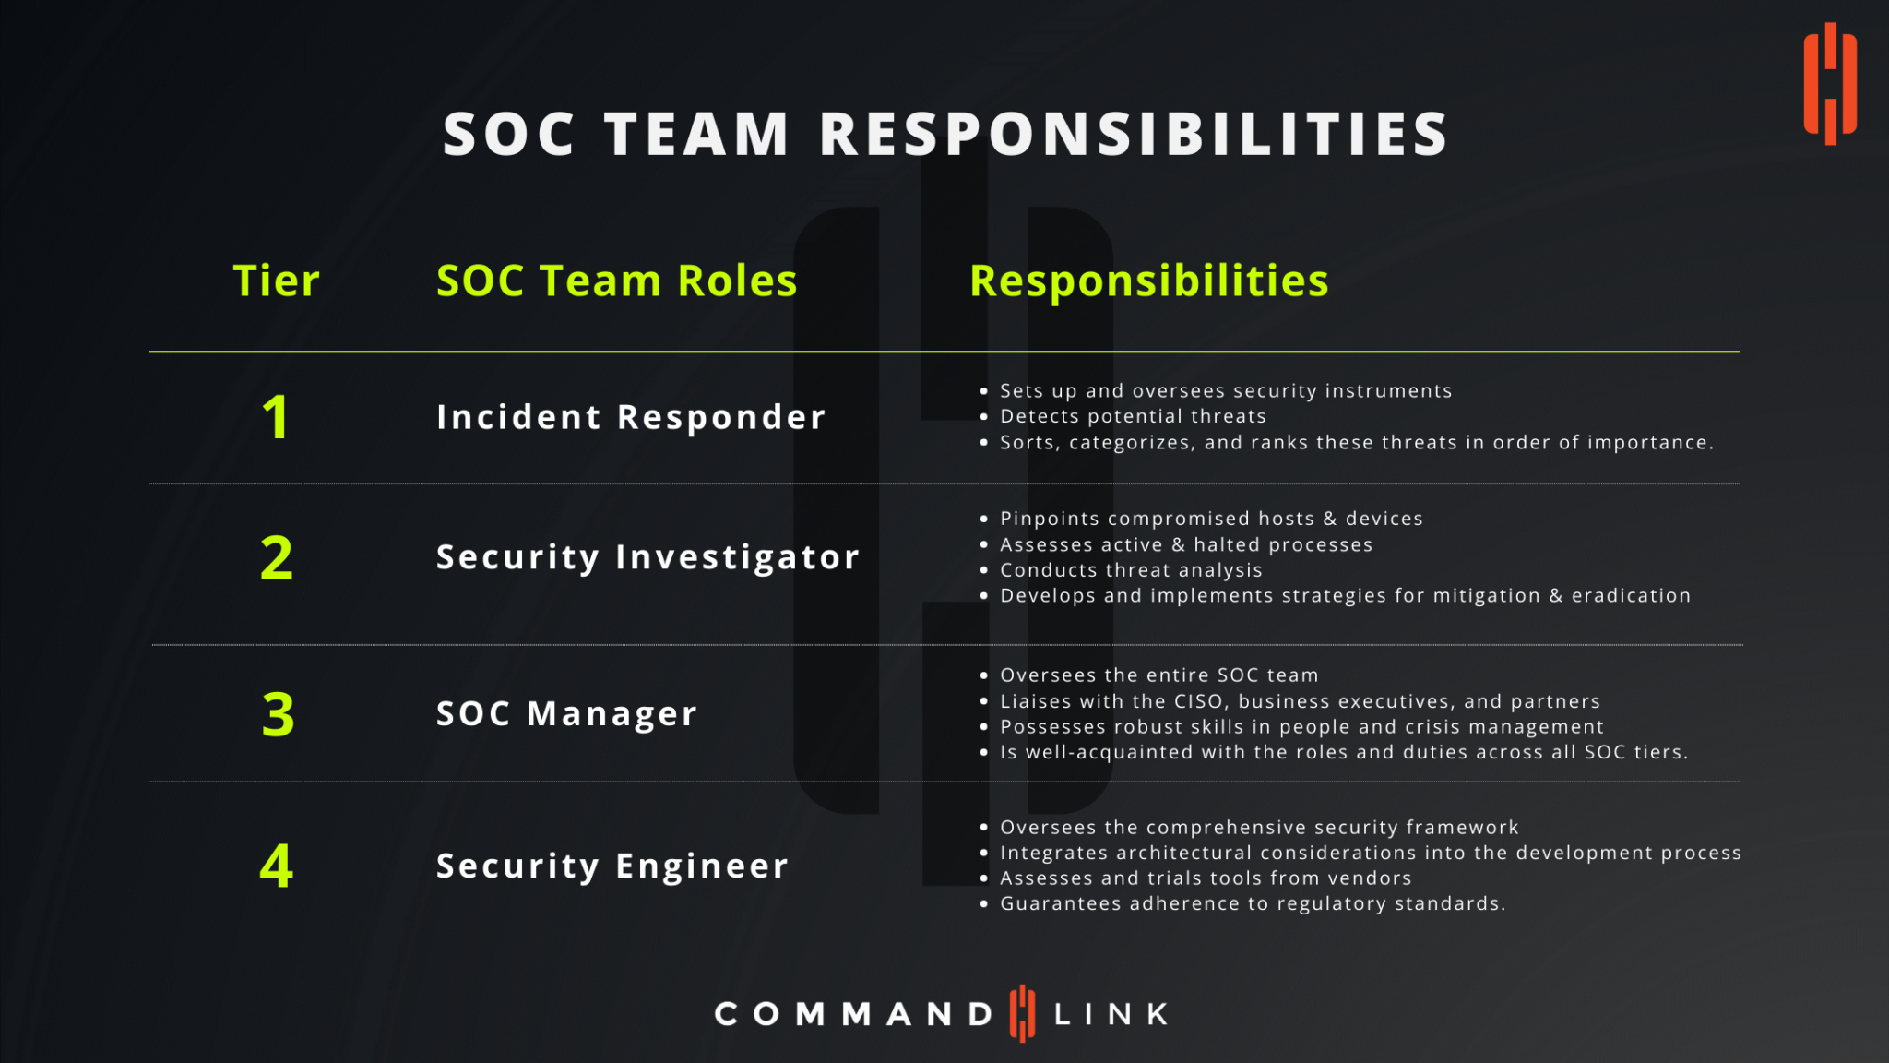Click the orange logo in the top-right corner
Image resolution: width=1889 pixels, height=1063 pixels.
[x=1830, y=83]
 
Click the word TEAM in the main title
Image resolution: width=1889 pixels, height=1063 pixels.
[x=697, y=135]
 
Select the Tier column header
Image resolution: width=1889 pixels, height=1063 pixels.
[x=276, y=281]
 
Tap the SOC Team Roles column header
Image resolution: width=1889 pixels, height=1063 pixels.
[x=616, y=281]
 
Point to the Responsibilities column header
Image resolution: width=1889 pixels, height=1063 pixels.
[x=1148, y=281]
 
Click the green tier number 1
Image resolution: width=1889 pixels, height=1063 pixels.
[x=276, y=417]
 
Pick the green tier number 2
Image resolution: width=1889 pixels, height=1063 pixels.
[x=277, y=558]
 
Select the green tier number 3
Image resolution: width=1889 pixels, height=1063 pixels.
[x=278, y=714]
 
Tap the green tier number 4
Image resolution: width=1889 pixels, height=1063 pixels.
[x=277, y=866]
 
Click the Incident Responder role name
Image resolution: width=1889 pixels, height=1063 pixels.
[x=631, y=417]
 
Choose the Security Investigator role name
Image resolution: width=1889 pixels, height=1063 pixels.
[x=647, y=557]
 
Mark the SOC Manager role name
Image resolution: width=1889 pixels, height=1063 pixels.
[x=566, y=714]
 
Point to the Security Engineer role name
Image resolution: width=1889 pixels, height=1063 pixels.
[x=612, y=866]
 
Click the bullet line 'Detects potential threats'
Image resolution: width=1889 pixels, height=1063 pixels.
[x=1133, y=416]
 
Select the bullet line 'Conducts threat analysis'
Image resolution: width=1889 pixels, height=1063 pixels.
[x=1131, y=570]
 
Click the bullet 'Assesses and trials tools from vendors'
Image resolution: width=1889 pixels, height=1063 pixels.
[x=1206, y=878]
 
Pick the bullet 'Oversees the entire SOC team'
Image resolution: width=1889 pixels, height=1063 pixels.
[x=1159, y=675]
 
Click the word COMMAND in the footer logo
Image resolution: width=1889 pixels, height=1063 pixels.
[x=853, y=1014]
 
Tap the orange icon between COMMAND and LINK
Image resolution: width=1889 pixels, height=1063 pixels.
[x=1022, y=1013]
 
